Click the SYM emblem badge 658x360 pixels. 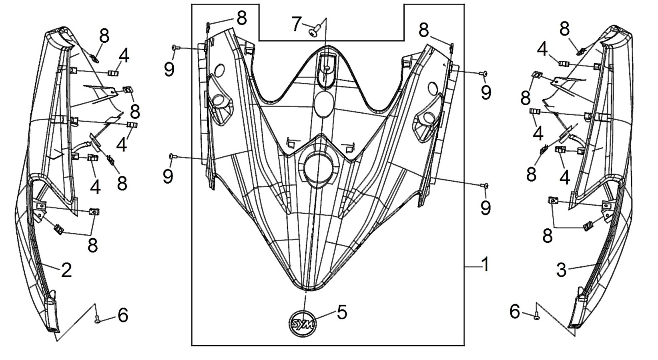click(303, 324)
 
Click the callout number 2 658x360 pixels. click(66, 270)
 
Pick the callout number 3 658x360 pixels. click(562, 270)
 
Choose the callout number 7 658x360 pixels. click(297, 24)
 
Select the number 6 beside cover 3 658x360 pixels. click(515, 311)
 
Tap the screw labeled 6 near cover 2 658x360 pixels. click(97, 321)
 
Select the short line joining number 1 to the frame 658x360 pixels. click(472, 267)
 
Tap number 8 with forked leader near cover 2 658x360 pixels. click(93, 244)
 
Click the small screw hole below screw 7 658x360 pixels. click(327, 68)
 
